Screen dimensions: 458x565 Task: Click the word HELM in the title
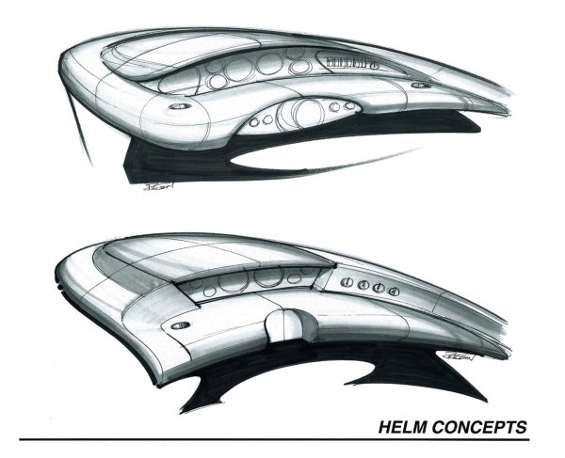click(x=401, y=426)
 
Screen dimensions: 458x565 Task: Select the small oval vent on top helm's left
click(x=178, y=107)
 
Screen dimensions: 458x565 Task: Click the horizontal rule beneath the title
click(x=282, y=439)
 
